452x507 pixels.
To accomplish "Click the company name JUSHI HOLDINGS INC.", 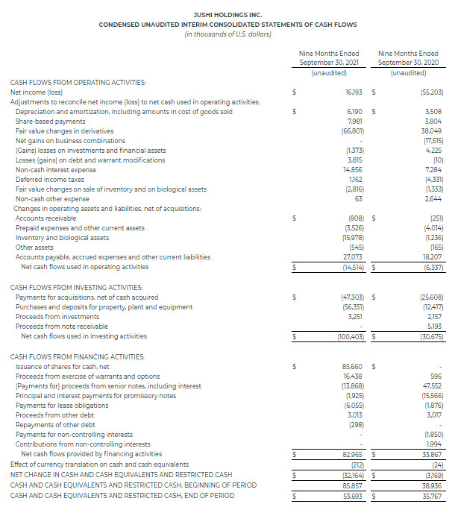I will [x=225, y=14].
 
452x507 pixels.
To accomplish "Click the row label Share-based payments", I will [x=50, y=122].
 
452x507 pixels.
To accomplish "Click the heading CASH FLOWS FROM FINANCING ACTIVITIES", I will [x=78, y=356].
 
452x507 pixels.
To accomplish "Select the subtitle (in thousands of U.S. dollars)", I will [x=225, y=34].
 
